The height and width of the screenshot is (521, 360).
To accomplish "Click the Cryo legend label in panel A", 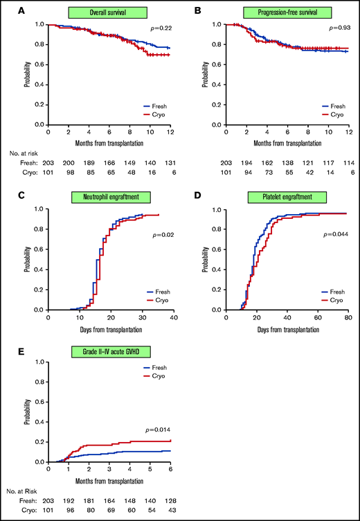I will tap(161, 115).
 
